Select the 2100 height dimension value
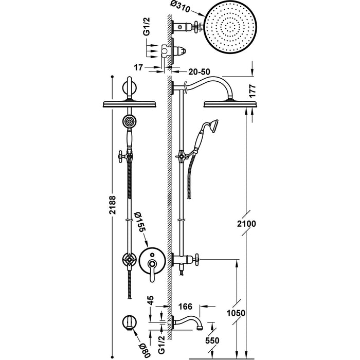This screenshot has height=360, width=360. point(247,224)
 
